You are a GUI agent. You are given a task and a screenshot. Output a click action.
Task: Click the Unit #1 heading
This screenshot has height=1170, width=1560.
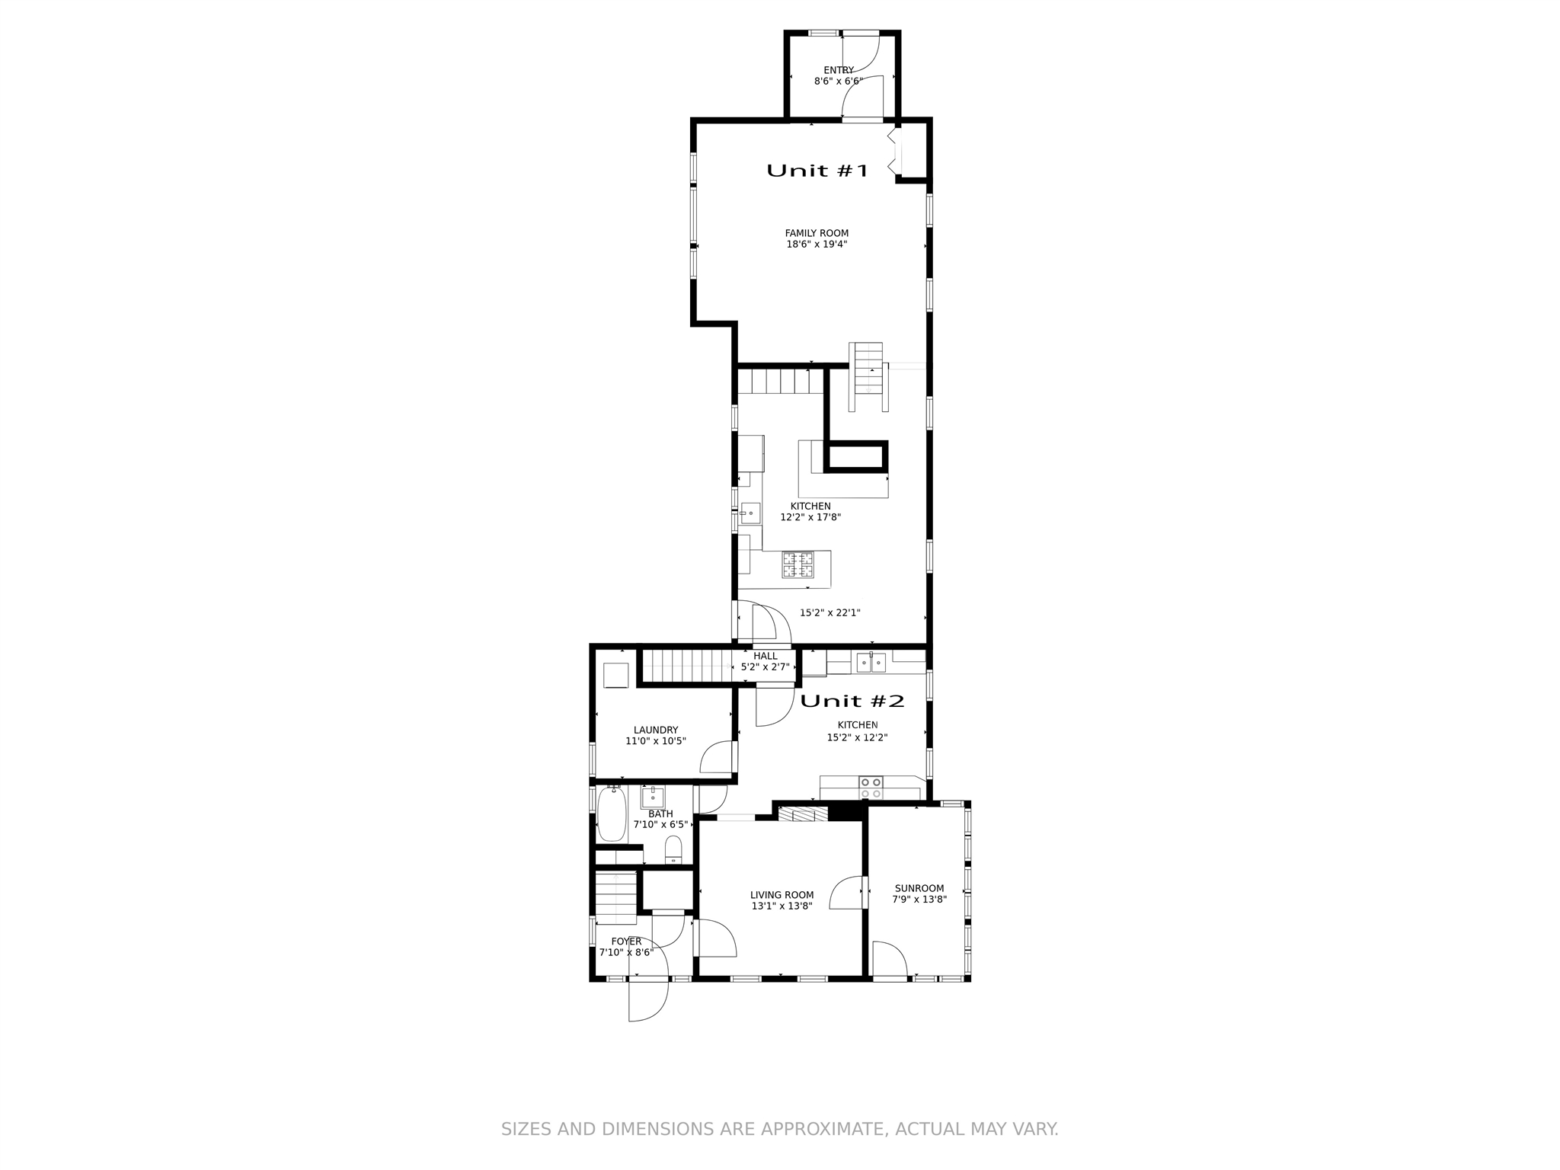point(817,171)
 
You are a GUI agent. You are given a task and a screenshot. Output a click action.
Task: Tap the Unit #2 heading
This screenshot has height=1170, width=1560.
point(852,701)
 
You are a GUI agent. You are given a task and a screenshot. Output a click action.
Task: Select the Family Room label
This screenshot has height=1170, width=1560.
point(817,233)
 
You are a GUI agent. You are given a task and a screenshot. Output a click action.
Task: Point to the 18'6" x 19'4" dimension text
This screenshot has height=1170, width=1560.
point(817,245)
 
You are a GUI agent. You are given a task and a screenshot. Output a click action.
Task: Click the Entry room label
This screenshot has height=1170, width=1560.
point(839,70)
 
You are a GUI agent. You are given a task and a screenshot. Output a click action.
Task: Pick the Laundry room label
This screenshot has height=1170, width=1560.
point(656,730)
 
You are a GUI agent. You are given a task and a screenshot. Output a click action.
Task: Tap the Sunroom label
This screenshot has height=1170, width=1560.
point(919,888)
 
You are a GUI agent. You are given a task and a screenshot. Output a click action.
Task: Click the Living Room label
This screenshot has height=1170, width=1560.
point(782,895)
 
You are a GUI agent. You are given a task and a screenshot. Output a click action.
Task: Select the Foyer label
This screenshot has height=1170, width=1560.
point(626,941)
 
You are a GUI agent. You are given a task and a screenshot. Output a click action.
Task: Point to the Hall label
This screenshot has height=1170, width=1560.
point(766,656)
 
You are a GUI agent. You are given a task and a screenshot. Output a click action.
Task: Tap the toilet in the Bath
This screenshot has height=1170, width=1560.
point(673,849)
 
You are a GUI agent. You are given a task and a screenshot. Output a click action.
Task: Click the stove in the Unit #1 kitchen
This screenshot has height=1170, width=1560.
point(798,565)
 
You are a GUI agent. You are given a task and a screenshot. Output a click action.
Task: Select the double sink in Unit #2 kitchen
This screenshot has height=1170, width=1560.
point(871,663)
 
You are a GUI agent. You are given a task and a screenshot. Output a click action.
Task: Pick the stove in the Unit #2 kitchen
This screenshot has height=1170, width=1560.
point(871,788)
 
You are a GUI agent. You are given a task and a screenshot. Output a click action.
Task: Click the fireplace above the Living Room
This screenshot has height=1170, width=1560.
point(803,814)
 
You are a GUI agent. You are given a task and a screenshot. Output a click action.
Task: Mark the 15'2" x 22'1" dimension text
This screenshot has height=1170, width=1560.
point(830,612)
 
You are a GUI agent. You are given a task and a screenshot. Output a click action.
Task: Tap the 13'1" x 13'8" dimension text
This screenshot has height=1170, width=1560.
point(782,906)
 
